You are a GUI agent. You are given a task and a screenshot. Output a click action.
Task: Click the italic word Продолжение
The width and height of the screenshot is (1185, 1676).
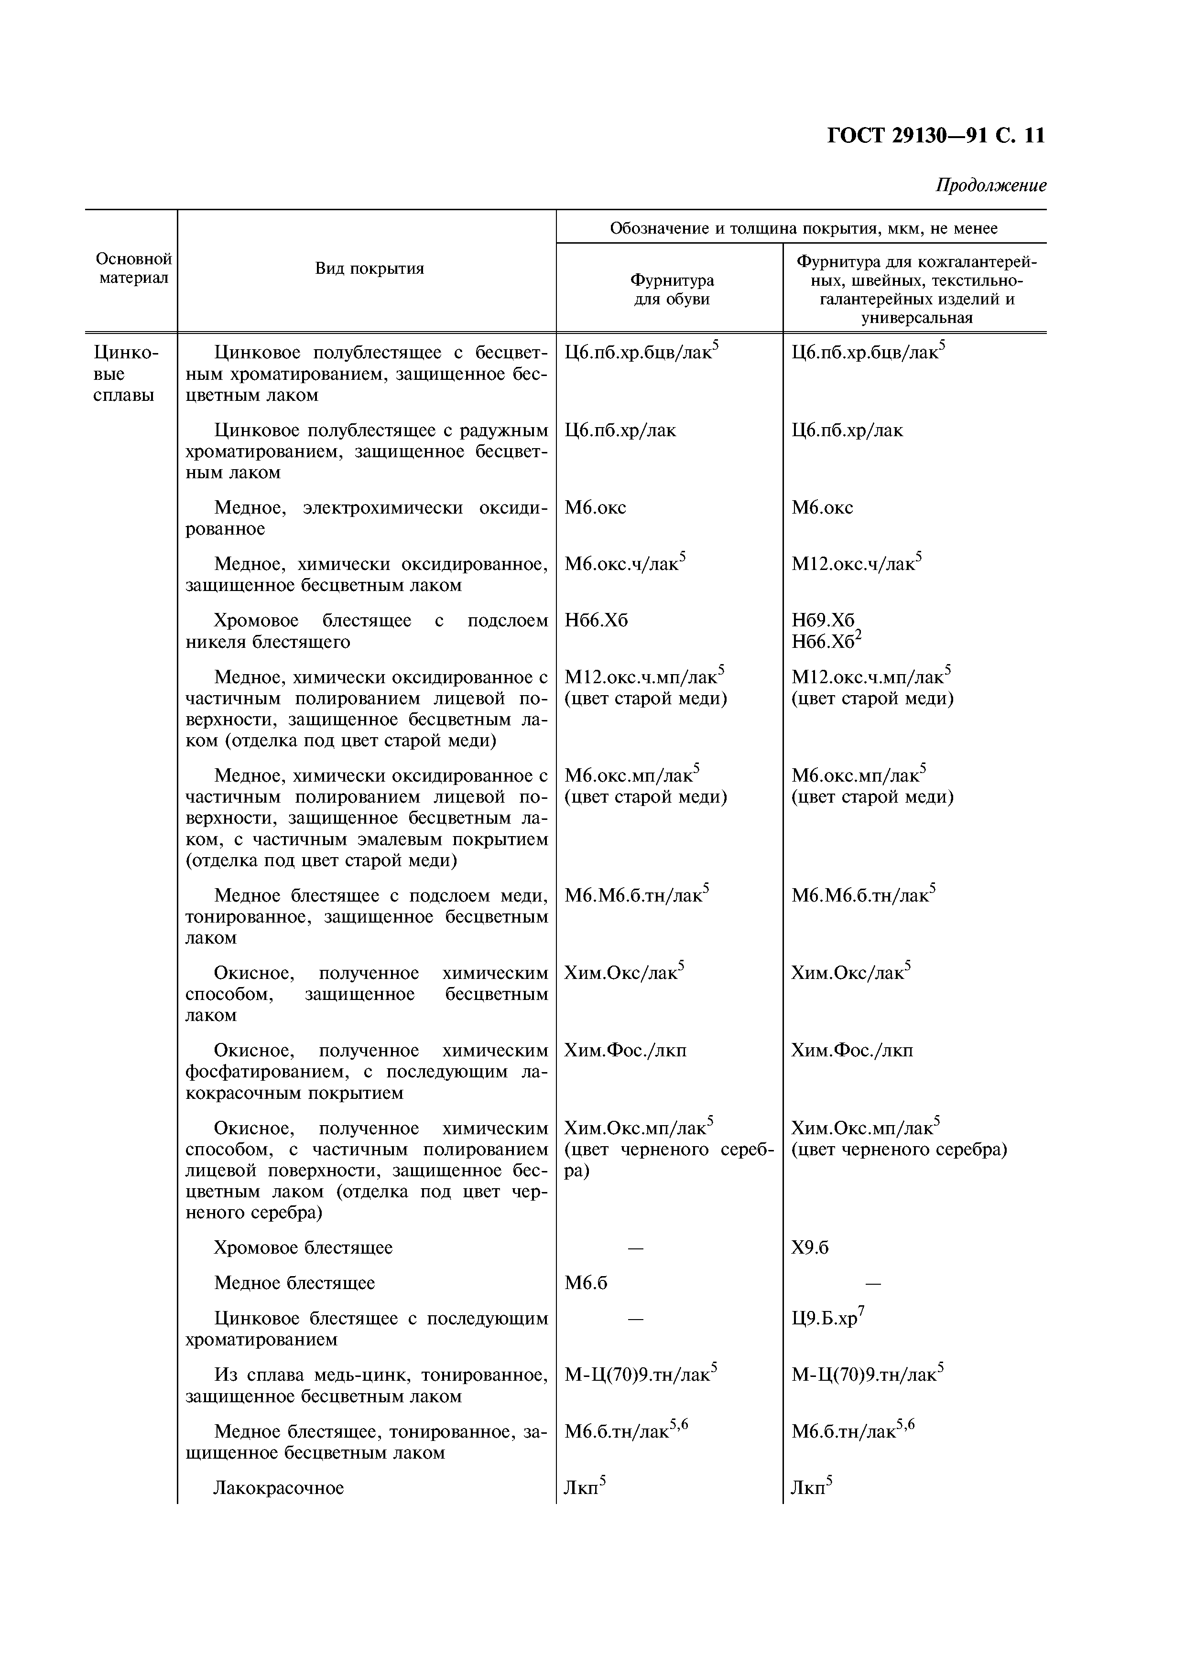[x=991, y=185]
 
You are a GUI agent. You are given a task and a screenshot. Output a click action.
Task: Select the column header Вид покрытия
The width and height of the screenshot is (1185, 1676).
[x=370, y=269]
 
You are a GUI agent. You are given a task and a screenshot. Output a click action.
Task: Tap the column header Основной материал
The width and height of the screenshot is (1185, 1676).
[x=134, y=269]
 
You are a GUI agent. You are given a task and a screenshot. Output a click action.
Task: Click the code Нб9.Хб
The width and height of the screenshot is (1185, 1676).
[x=822, y=621]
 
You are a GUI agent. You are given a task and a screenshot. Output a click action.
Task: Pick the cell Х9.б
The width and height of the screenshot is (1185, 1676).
[x=810, y=1247]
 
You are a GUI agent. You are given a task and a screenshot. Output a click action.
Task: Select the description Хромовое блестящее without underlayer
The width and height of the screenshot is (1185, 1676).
[x=303, y=1247]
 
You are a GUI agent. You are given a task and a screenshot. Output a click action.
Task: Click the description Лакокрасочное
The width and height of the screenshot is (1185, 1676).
[x=278, y=1488]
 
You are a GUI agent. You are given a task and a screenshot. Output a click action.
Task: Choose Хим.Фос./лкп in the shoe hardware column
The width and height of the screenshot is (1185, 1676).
[x=625, y=1051]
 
